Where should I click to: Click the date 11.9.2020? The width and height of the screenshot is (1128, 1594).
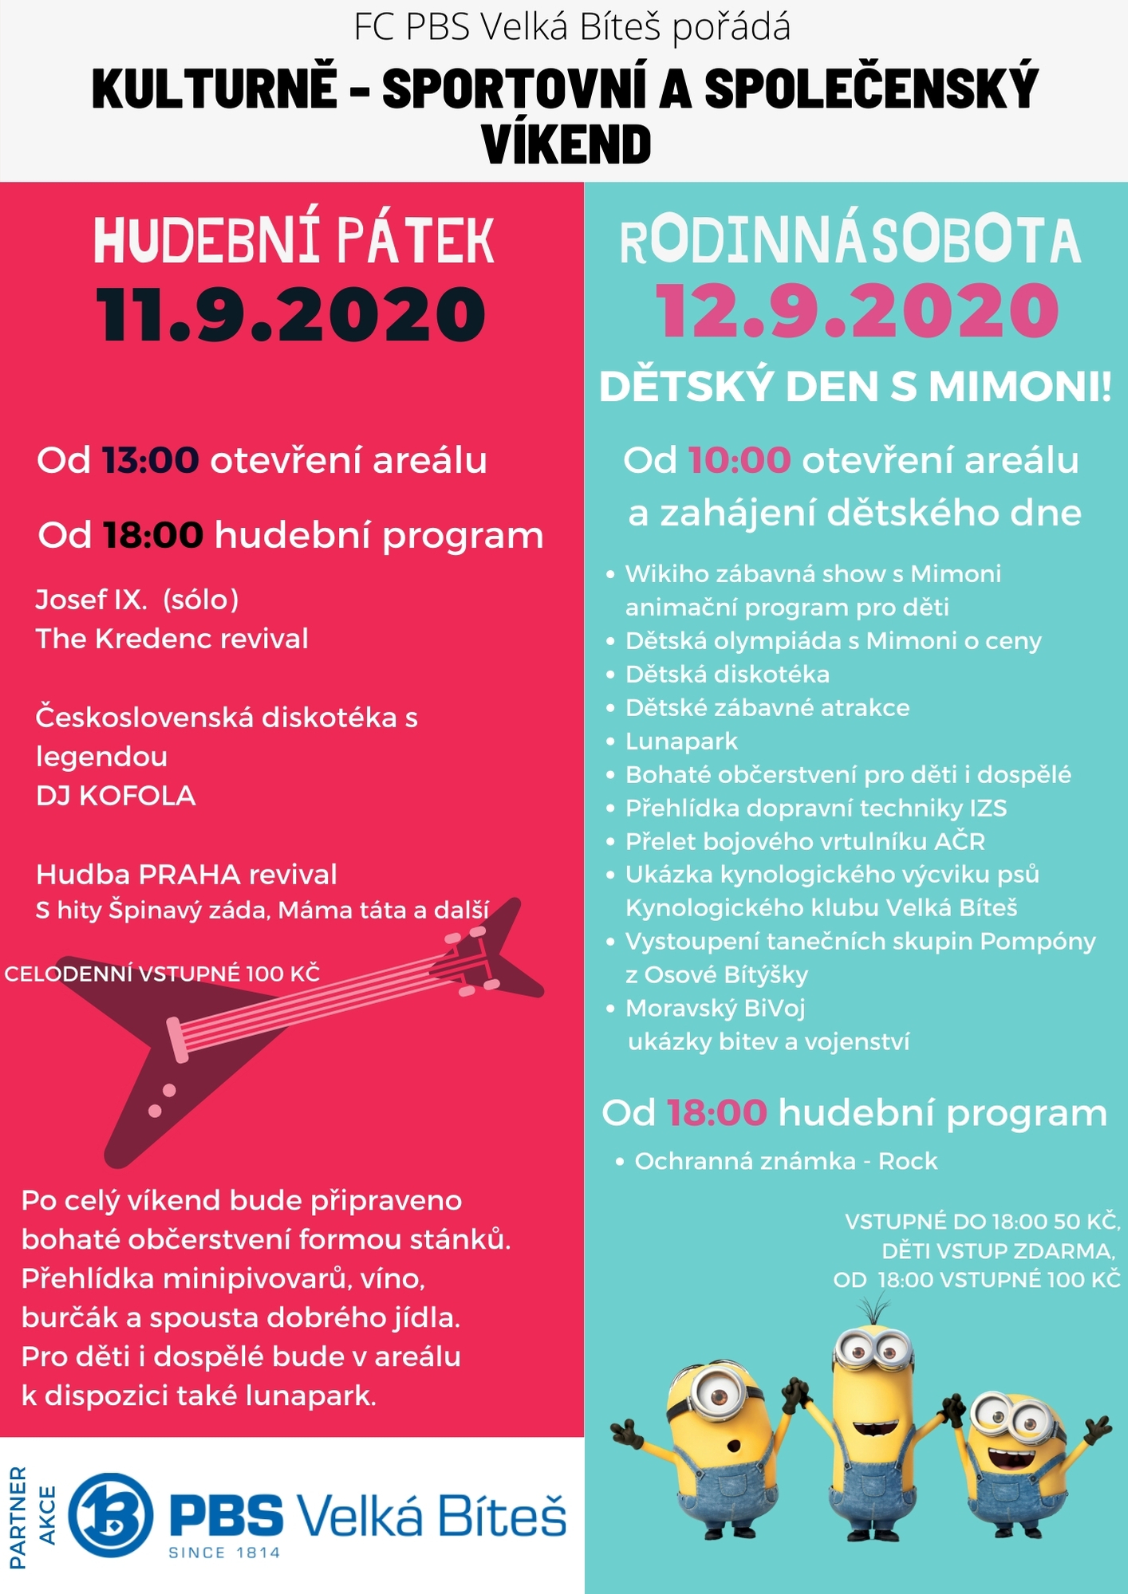tap(291, 315)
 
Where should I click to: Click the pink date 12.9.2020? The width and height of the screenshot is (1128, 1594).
tap(857, 312)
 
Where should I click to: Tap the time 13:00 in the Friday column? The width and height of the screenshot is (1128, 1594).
tap(150, 461)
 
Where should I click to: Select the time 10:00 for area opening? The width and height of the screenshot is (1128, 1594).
tap(739, 461)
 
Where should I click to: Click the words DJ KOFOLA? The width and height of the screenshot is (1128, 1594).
tap(116, 796)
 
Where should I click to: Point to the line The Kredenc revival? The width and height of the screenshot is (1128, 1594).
tap(172, 639)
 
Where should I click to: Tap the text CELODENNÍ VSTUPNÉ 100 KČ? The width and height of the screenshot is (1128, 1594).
tap(162, 974)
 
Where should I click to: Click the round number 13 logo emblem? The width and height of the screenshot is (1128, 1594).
tap(110, 1515)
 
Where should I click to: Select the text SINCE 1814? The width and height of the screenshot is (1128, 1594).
tap(224, 1553)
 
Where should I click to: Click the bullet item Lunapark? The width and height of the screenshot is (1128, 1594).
tap(681, 742)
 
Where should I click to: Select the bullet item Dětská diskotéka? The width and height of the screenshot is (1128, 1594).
tap(727, 675)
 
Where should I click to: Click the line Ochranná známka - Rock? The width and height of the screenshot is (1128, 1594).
tap(785, 1161)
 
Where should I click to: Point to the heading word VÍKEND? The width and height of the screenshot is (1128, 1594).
tap(566, 144)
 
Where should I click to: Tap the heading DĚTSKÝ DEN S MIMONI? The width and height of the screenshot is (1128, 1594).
tap(855, 388)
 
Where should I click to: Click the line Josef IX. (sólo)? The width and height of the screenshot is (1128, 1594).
tap(137, 600)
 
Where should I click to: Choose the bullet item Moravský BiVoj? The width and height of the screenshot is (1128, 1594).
tap(715, 1009)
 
